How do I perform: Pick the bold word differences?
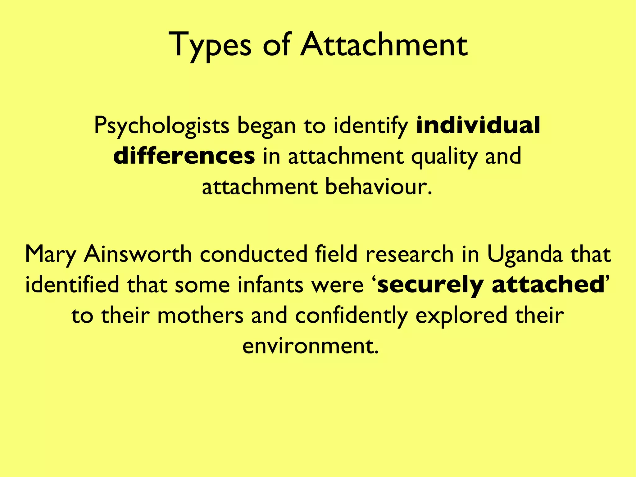point(184,156)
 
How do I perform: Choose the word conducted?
point(253,254)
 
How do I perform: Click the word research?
point(409,254)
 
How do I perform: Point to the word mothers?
point(200,315)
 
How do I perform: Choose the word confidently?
point(351,315)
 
